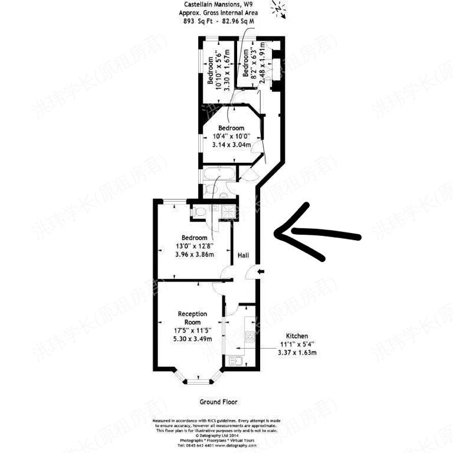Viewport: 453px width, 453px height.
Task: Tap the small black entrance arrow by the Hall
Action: pyautogui.click(x=261, y=272)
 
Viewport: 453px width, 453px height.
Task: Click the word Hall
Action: pyautogui.click(x=243, y=256)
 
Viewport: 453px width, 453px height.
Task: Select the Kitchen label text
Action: pyautogui.click(x=297, y=335)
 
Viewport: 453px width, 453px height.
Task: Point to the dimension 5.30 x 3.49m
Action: pyautogui.click(x=192, y=340)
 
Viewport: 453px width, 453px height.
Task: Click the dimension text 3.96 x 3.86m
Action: pyautogui.click(x=194, y=255)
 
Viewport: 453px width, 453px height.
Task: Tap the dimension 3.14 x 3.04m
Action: pyautogui.click(x=231, y=145)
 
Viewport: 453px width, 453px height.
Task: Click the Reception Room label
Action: pyautogui.click(x=192, y=319)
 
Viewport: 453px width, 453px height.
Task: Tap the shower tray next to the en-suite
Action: pyautogui.click(x=228, y=210)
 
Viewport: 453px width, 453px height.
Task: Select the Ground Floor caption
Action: pyautogui.click(x=218, y=402)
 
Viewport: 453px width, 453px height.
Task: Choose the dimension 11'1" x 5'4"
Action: pyautogui.click(x=297, y=344)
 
